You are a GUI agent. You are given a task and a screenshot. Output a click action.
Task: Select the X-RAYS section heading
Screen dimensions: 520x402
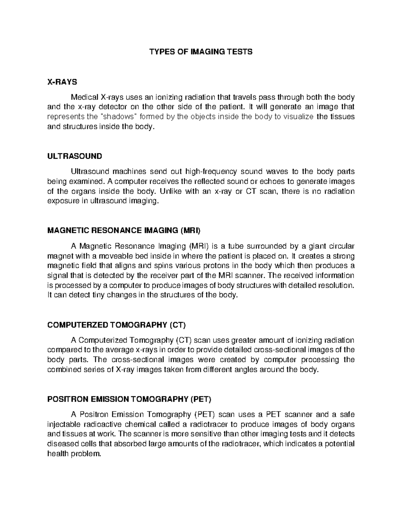[x=62, y=82]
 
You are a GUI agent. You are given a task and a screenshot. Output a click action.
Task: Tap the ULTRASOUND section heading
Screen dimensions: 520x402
[x=75, y=156]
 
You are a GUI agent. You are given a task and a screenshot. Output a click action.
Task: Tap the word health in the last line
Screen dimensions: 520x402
[x=57, y=454]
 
